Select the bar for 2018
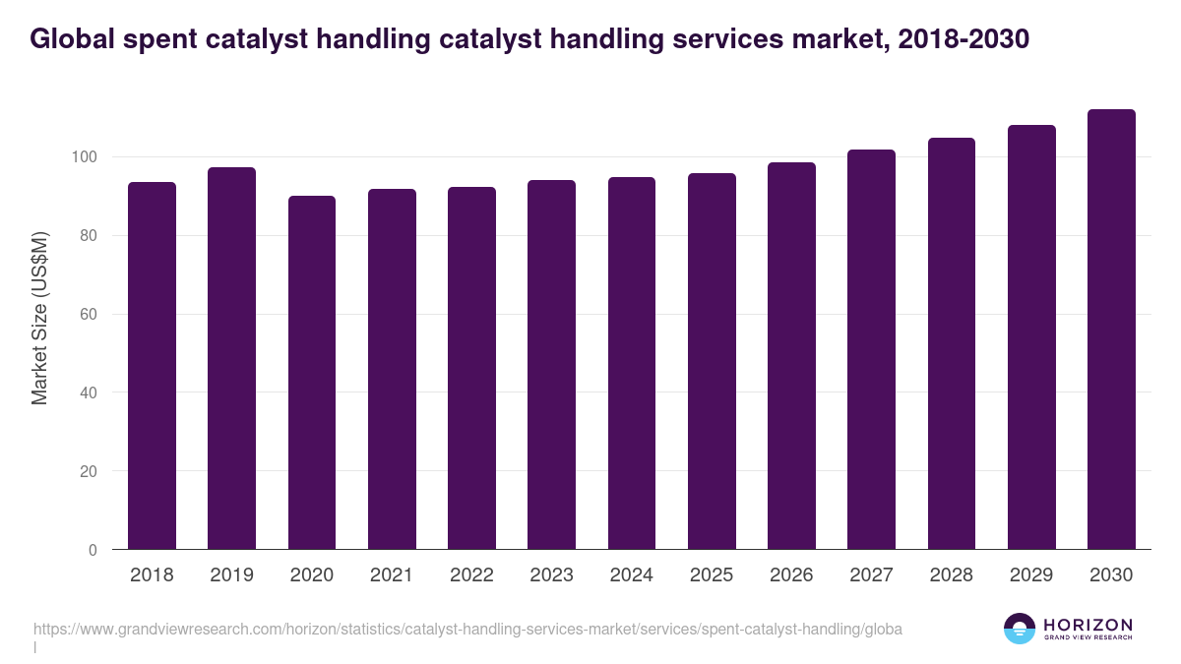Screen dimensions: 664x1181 point(152,366)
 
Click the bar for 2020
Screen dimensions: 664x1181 point(312,373)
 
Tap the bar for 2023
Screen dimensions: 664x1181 point(551,365)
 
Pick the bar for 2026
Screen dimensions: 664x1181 point(791,356)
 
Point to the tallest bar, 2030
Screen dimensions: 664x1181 point(1111,330)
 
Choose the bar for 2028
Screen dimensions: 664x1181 point(952,343)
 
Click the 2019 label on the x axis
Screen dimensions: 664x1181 point(231,575)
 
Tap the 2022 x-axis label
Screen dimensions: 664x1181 point(471,575)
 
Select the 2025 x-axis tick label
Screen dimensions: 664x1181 point(712,575)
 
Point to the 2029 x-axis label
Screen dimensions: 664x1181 point(1031,575)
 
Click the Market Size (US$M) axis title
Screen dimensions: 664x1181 point(40,319)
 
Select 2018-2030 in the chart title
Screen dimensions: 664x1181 point(964,39)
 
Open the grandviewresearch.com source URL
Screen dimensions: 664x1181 point(467,629)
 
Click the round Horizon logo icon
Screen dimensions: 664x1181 point(1020,629)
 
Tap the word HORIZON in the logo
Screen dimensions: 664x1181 point(1088,625)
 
